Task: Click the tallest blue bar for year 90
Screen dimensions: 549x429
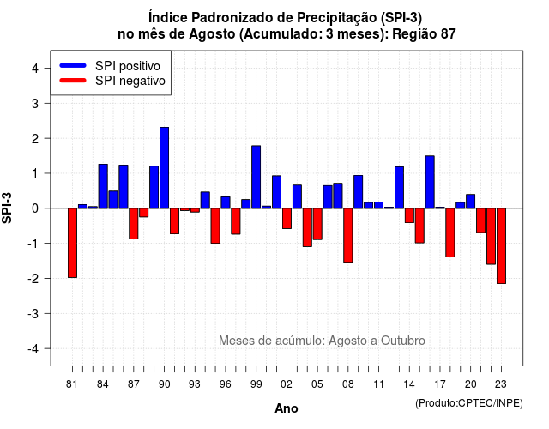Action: pyautogui.click(x=164, y=168)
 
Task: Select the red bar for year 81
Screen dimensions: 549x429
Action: pyautogui.click(x=72, y=243)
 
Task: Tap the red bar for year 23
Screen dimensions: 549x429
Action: pyautogui.click(x=501, y=246)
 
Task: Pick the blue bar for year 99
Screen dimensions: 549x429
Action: pyautogui.click(x=256, y=177)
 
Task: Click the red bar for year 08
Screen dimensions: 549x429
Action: pyautogui.click(x=348, y=235)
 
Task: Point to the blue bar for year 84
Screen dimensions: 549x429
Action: pyautogui.click(x=103, y=186)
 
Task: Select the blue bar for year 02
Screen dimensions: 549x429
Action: pyautogui.click(x=276, y=192)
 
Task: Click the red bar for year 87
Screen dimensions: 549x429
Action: pyautogui.click(x=134, y=224)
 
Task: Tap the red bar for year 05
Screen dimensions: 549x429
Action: pyautogui.click(x=317, y=224)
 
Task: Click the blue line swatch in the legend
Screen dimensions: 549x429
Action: pyautogui.click(x=73, y=65)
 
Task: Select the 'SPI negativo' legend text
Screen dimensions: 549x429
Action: pyautogui.click(x=130, y=81)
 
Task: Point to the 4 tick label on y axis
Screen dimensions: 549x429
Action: pyautogui.click(x=35, y=69)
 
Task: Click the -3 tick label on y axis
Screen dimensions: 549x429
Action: pyautogui.click(x=33, y=313)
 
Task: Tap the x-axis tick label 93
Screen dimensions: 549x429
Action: pyautogui.click(x=195, y=384)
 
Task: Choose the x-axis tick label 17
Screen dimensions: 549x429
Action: pyautogui.click(x=440, y=384)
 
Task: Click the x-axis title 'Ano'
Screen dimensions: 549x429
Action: pyautogui.click(x=287, y=408)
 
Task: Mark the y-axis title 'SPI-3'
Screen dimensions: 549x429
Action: pyautogui.click(x=7, y=208)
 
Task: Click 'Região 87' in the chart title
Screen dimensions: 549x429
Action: pyautogui.click(x=424, y=34)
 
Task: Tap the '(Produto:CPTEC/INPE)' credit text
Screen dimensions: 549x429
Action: pyautogui.click(x=469, y=403)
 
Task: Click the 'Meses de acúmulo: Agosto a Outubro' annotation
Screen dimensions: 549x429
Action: pyautogui.click(x=322, y=341)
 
